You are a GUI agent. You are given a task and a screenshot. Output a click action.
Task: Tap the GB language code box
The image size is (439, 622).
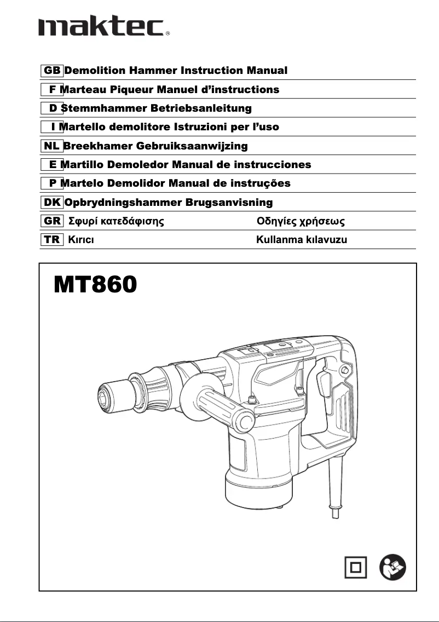tap(51, 71)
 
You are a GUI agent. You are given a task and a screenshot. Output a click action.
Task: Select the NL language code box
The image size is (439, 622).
tap(51, 146)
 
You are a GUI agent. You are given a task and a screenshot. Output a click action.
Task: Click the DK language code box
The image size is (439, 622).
tap(51, 203)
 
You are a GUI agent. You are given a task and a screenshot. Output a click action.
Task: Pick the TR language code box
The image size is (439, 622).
tap(51, 240)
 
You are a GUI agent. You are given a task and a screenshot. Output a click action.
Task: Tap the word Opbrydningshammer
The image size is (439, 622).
tap(123, 203)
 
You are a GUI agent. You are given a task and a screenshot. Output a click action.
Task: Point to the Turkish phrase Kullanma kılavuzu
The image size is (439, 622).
tap(302, 240)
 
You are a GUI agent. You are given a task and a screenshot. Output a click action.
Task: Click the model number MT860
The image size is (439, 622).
tap(94, 284)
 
